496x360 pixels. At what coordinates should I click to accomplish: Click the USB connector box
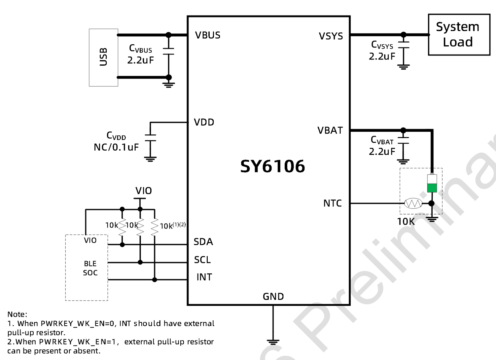[x=103, y=57]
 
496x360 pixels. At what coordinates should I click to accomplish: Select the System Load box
[x=459, y=34]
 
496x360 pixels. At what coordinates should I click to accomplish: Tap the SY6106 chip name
[x=272, y=166]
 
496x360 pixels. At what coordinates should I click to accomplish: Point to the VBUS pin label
[x=207, y=35]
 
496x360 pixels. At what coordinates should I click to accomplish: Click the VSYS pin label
[x=331, y=36]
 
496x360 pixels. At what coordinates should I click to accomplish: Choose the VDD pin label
[x=204, y=123]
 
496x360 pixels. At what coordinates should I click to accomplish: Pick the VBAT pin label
[x=330, y=130]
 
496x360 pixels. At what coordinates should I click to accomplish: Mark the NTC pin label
[x=332, y=203]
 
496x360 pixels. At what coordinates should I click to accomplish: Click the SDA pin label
[x=203, y=242]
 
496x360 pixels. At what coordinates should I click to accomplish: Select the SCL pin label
[x=202, y=260]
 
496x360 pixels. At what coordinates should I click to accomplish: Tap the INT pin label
[x=204, y=277]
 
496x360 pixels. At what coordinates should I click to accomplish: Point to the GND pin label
[x=273, y=297]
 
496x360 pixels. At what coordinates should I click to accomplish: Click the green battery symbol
[x=432, y=184]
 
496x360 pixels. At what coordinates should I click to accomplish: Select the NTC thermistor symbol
[x=413, y=203]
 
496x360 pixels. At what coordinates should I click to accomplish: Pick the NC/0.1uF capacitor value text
[x=116, y=147]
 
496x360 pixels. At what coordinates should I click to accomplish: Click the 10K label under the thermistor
[x=406, y=222]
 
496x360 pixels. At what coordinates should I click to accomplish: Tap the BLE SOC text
[x=90, y=268]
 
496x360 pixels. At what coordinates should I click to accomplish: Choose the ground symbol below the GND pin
[x=273, y=342]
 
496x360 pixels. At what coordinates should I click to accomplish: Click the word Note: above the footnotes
[x=17, y=314]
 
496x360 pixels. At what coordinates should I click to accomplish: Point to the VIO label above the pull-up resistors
[x=144, y=191]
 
